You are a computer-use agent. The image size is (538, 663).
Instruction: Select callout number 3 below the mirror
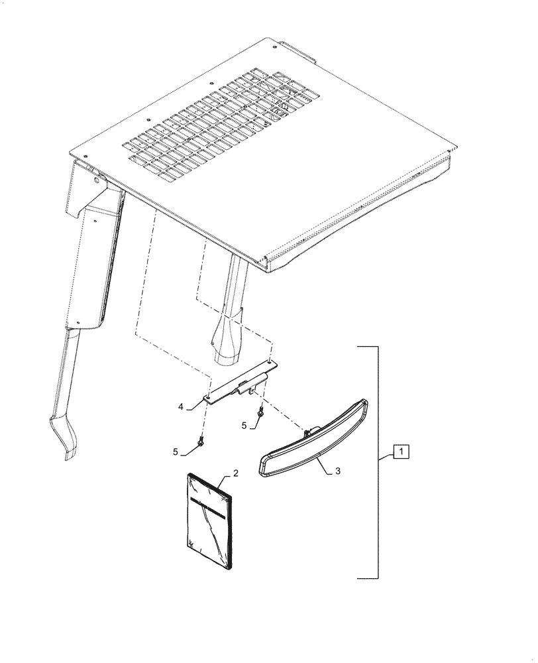click(338, 471)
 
